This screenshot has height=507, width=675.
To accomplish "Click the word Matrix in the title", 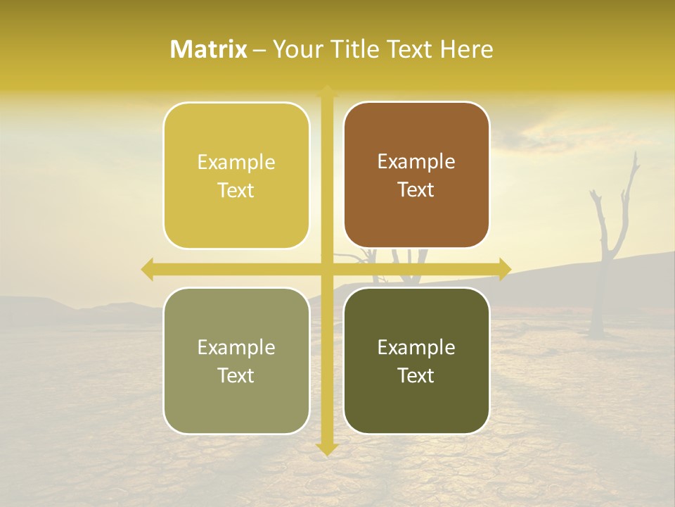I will pyautogui.click(x=209, y=49).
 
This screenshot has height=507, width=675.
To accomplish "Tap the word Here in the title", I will pyautogui.click(x=467, y=49).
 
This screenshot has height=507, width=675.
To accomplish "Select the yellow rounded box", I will pyautogui.click(x=236, y=175).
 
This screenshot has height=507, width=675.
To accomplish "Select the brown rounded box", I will pyautogui.click(x=416, y=175).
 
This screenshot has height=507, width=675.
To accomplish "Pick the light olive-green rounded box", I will pyautogui.click(x=236, y=361).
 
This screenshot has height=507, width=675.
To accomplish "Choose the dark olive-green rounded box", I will pyautogui.click(x=416, y=361).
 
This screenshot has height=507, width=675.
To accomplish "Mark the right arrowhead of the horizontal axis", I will pyautogui.click(x=505, y=269).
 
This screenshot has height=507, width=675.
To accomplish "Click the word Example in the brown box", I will pyautogui.click(x=416, y=161).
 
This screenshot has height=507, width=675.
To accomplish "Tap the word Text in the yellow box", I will pyautogui.click(x=236, y=190).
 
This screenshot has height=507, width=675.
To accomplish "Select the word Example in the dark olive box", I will pyautogui.click(x=416, y=347).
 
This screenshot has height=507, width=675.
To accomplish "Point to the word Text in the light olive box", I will pyautogui.click(x=236, y=375).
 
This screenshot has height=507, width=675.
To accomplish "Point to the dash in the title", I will pyautogui.click(x=259, y=50).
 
